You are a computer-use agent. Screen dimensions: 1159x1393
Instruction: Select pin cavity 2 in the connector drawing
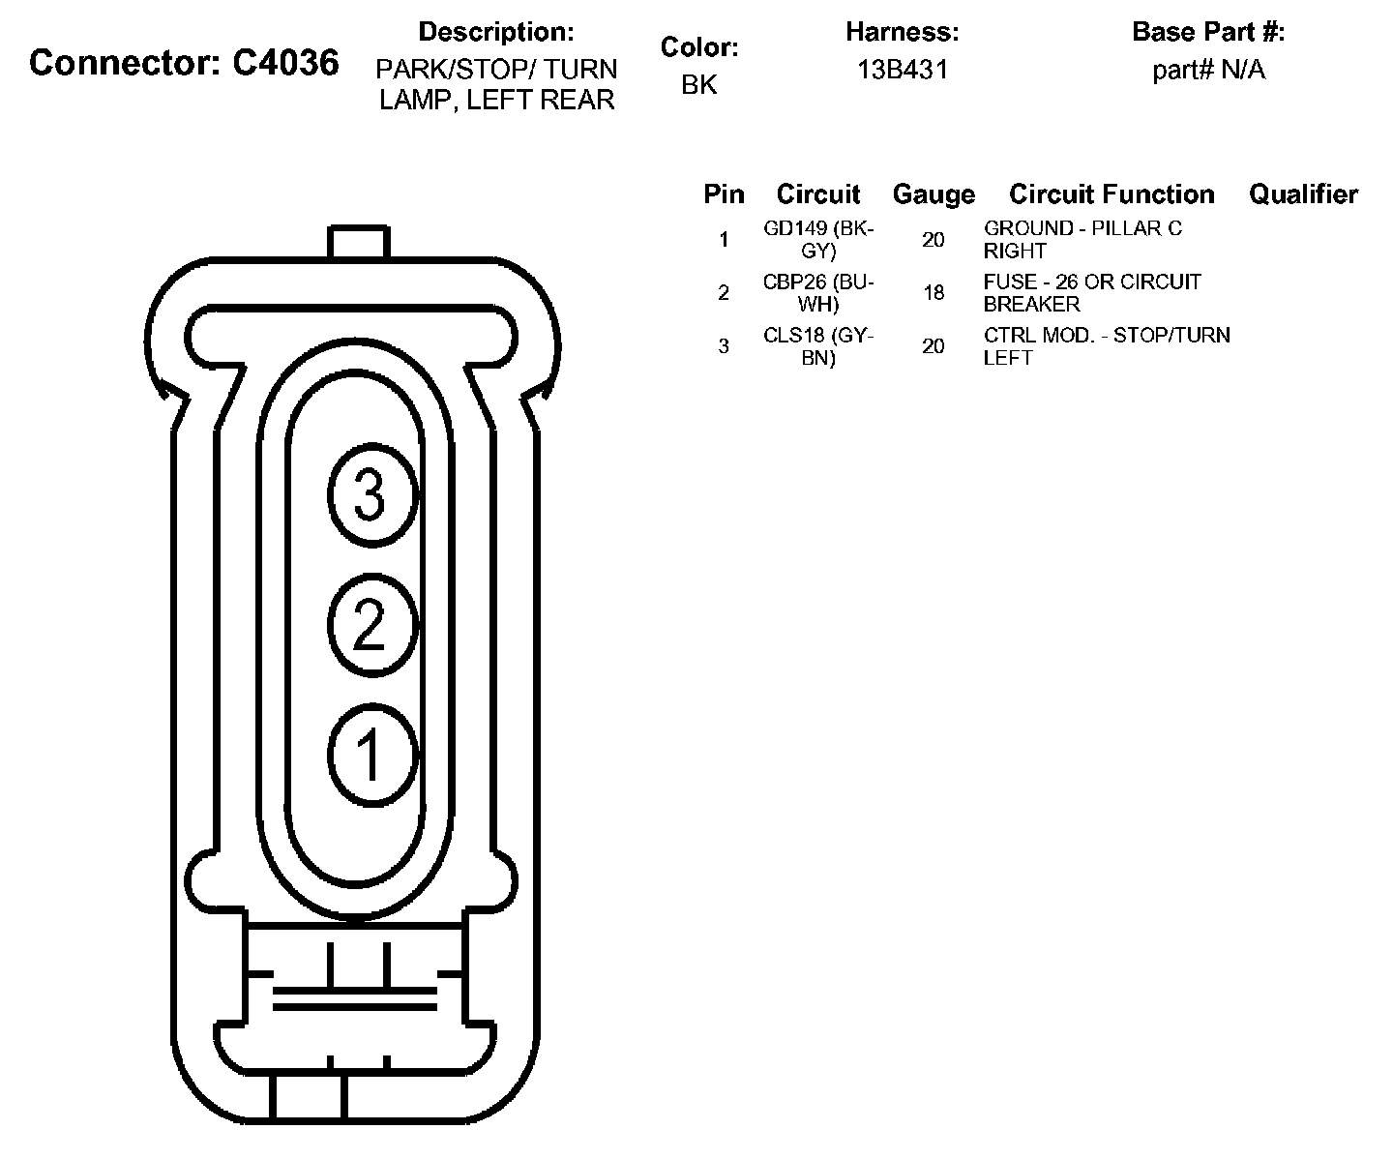point(371,624)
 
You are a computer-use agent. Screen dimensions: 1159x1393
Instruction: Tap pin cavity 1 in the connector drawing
point(371,754)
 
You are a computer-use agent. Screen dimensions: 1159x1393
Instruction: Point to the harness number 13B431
point(902,70)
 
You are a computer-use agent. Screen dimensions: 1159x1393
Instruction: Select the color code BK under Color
point(699,85)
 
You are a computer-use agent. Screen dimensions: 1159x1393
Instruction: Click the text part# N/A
point(1208,70)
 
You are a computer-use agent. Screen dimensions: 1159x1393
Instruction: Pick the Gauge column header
point(934,194)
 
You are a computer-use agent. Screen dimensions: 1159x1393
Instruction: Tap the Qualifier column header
point(1303,194)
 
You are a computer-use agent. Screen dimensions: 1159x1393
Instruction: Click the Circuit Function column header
point(1111,194)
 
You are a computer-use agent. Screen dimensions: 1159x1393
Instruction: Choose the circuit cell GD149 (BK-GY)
point(818,240)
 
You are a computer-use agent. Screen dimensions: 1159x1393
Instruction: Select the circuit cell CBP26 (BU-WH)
point(818,293)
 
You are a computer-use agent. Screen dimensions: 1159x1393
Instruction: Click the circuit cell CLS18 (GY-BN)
point(818,346)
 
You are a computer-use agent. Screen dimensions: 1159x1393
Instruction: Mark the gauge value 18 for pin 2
point(934,292)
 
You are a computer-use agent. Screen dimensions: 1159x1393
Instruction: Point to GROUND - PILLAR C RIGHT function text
point(1082,240)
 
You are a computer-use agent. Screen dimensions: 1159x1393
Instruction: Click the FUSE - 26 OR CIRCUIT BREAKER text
point(1092,293)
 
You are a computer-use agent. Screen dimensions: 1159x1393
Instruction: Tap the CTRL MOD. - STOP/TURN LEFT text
point(1107,346)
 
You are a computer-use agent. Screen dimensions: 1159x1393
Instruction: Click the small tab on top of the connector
point(358,242)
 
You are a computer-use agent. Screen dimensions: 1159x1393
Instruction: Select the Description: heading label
point(496,32)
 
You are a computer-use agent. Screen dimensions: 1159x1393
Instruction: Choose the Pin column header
point(724,194)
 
